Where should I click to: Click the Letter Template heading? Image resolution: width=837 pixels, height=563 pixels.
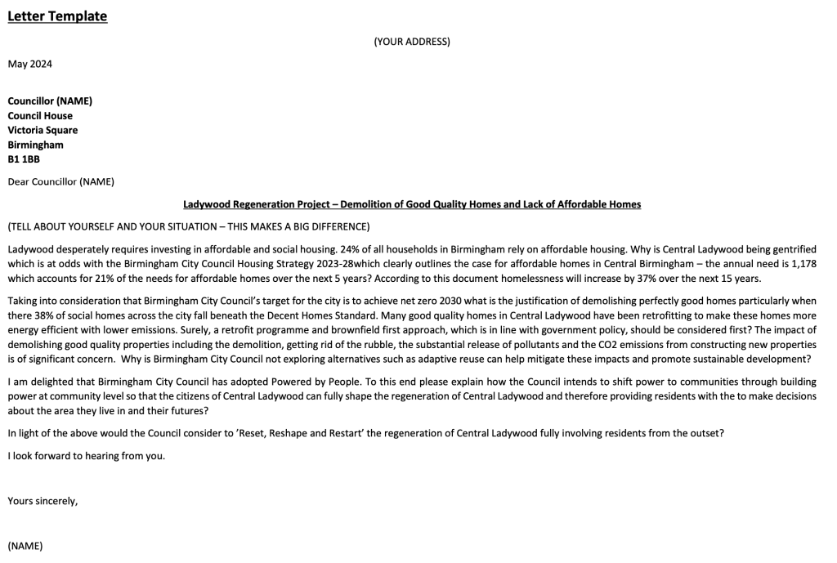click(57, 16)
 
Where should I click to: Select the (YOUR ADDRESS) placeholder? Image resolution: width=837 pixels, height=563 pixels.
click(412, 42)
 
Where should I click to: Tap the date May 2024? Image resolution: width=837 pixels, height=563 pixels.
click(29, 64)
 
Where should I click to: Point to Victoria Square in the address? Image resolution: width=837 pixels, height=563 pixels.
click(43, 130)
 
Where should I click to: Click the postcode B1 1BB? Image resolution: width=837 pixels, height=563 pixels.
click(24, 159)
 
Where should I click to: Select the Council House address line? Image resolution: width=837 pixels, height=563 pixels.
click(40, 115)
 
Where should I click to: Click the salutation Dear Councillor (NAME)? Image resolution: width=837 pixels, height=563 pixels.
click(60, 181)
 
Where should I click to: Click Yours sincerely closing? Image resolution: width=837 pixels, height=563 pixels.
click(43, 501)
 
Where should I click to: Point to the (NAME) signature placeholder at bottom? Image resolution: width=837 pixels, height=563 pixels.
click(25, 545)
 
